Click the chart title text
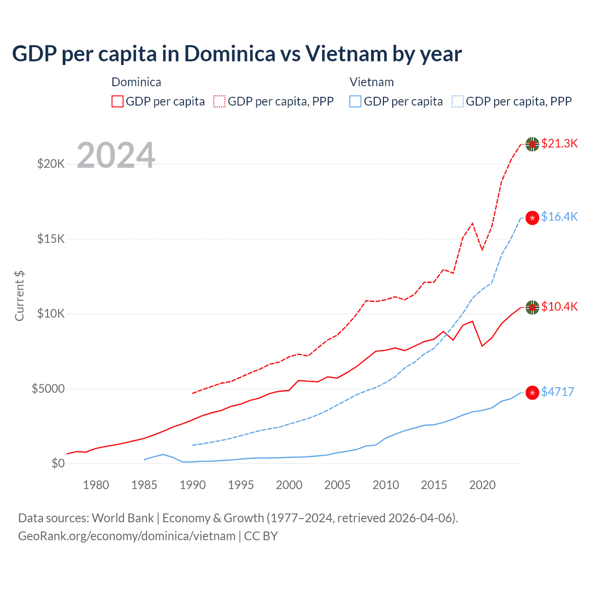[236, 53]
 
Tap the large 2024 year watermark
[116, 155]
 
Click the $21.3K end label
[559, 143]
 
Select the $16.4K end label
[559, 217]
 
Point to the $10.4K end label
[559, 307]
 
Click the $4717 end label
[557, 392]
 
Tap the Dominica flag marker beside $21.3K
[532, 144]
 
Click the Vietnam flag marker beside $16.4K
[532, 218]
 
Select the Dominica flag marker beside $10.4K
[532, 307]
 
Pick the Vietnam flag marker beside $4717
[532, 393]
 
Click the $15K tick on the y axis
[51, 239]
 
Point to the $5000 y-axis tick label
[48, 389]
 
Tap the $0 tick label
[58, 463]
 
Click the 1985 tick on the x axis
[144, 485]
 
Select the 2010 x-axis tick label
[386, 485]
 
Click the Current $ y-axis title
[19, 296]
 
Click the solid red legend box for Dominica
[118, 101]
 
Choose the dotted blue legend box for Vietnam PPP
[458, 101]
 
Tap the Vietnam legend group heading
[372, 82]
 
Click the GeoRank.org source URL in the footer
[127, 536]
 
